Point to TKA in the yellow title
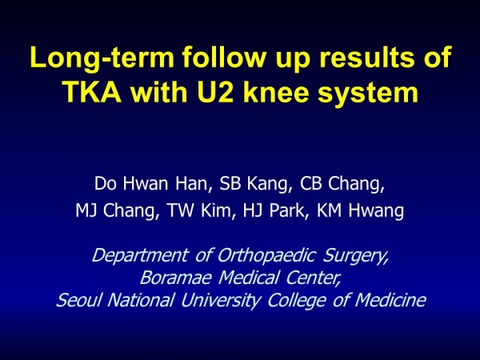point(93,92)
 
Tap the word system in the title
point(368,94)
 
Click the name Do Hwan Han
point(151,184)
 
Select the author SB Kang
point(254,184)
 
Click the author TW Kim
point(201,210)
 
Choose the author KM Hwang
point(360,211)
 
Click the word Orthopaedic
point(266,256)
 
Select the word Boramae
point(176,278)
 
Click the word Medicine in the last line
point(390,300)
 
